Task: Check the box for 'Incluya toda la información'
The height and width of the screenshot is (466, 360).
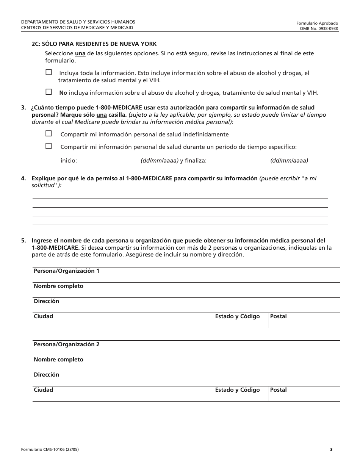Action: click(x=49, y=72)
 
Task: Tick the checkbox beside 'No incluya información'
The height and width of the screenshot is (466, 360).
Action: click(x=49, y=92)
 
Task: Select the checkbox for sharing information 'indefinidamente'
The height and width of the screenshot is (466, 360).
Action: click(x=49, y=133)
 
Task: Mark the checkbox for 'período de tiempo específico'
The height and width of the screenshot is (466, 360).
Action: click(x=49, y=146)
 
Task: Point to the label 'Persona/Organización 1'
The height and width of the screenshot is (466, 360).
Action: click(x=66, y=271)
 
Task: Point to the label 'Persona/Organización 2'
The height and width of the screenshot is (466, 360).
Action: click(x=66, y=344)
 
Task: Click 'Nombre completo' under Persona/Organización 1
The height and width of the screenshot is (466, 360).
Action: click(x=58, y=286)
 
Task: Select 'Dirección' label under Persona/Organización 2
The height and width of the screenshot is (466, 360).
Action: click(x=46, y=375)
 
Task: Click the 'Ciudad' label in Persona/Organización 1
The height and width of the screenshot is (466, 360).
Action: click(x=43, y=316)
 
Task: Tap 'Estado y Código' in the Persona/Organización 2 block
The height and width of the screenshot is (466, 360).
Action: click(x=237, y=390)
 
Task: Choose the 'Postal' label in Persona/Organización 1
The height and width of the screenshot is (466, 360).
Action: click(x=278, y=316)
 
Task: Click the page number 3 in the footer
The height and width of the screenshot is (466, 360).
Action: click(x=331, y=450)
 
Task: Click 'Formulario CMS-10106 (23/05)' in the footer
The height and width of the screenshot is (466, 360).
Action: click(x=50, y=450)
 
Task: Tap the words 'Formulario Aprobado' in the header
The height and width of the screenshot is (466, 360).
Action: click(x=317, y=23)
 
